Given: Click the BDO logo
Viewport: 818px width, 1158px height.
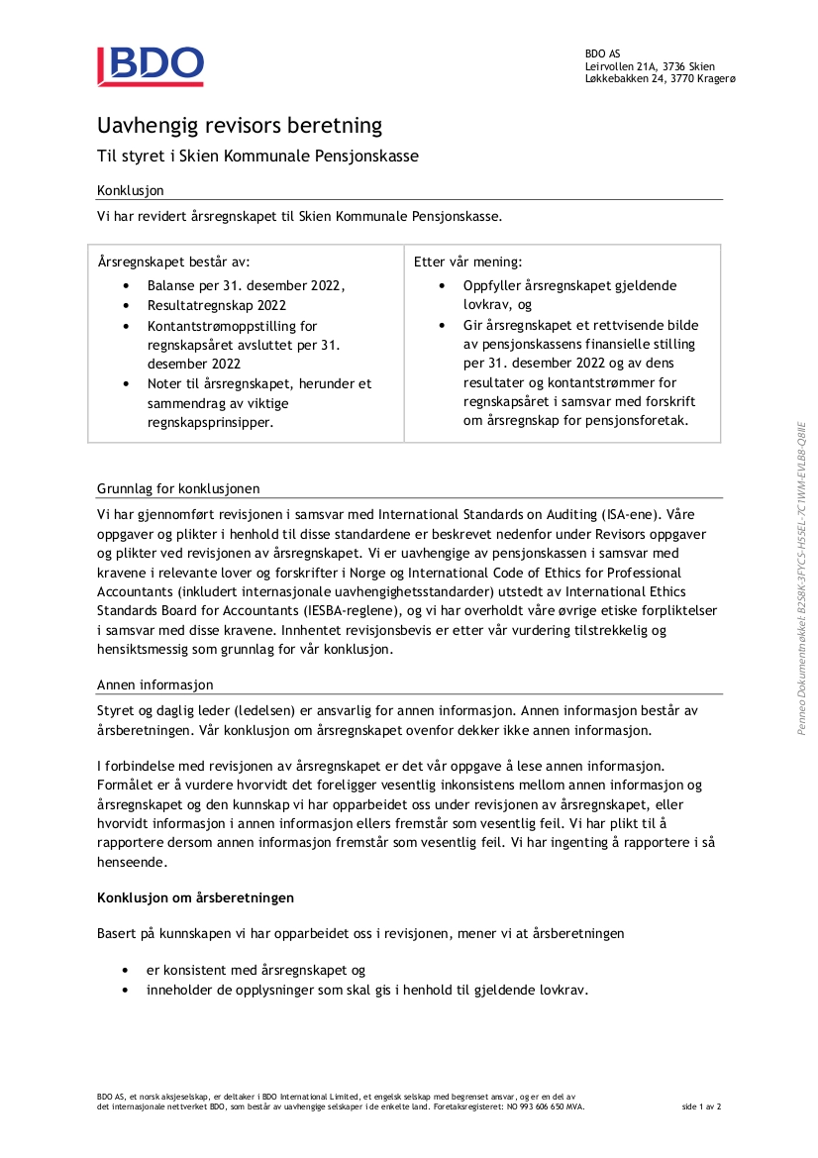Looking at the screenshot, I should (x=151, y=66).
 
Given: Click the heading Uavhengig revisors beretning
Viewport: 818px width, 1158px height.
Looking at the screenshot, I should (x=239, y=126).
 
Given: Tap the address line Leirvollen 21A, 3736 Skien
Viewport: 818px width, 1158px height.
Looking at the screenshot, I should (x=650, y=66).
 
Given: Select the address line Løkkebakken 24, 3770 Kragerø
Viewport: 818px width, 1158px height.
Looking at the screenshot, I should (x=660, y=79).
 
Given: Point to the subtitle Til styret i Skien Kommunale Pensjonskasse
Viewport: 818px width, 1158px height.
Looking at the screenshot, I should (x=257, y=157).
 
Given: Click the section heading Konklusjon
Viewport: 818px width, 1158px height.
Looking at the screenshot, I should (x=130, y=190).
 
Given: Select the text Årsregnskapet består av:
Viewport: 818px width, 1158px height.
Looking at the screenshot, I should (x=174, y=262).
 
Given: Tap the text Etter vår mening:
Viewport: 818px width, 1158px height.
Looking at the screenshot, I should (x=467, y=262).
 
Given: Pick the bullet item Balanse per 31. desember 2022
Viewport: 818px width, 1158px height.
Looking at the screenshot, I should (x=246, y=285).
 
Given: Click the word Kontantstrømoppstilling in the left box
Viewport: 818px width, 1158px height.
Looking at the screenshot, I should (x=232, y=325).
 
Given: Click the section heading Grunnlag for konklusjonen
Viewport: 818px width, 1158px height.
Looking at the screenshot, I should (x=178, y=488).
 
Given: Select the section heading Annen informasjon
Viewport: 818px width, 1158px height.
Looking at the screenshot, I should (x=154, y=684).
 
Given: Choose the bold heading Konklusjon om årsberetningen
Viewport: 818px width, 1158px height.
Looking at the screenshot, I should (x=195, y=897).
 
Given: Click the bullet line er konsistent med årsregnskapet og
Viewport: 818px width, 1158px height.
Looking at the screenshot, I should (x=256, y=970).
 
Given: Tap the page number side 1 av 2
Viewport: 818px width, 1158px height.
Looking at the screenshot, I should (x=702, y=1106).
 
